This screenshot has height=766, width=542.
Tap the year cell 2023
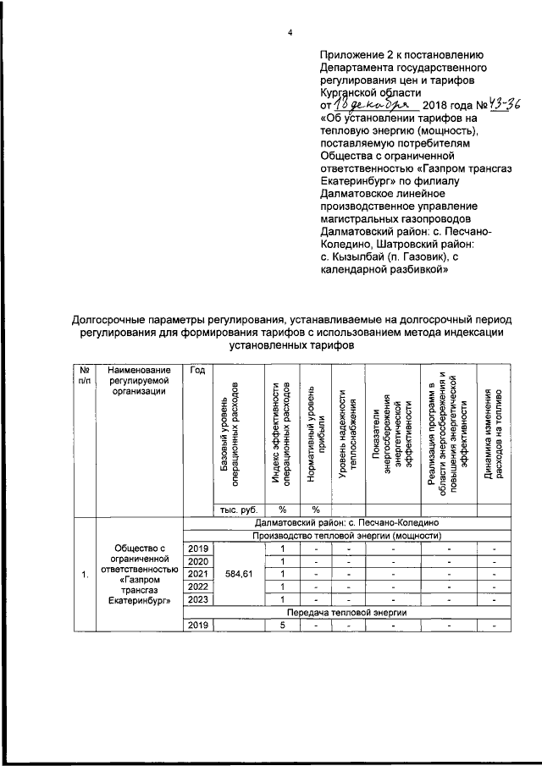[197, 600]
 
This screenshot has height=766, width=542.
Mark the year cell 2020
[197, 562]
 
